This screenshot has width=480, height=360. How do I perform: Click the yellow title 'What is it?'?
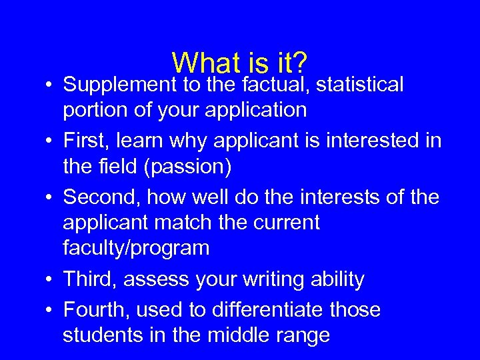click(x=239, y=63)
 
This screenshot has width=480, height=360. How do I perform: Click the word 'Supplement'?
click(x=118, y=85)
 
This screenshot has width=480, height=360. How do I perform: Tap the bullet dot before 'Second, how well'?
click(x=49, y=198)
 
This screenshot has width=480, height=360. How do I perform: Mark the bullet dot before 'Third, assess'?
click(x=49, y=280)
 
